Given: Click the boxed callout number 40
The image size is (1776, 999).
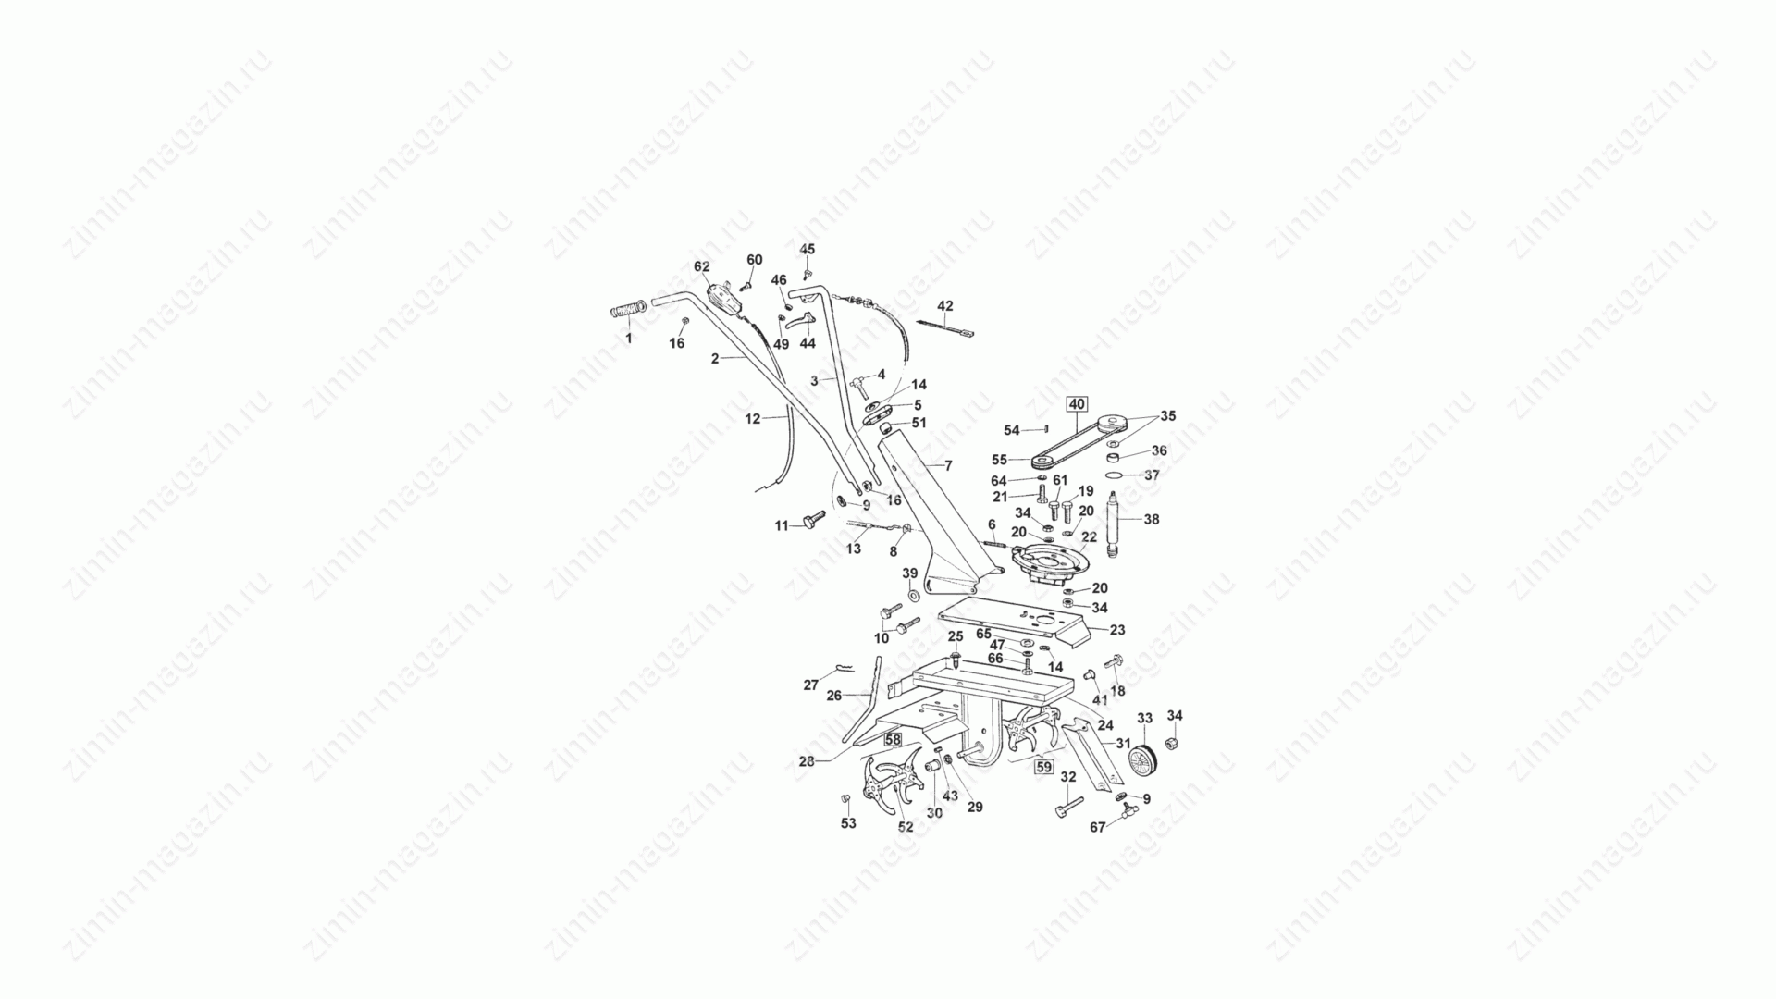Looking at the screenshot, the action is coord(1078,403).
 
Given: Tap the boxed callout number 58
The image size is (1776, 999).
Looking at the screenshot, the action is coord(893,740).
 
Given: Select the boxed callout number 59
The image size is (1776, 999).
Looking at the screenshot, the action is coord(1044,767).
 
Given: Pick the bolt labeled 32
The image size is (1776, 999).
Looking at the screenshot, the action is coord(1067,807).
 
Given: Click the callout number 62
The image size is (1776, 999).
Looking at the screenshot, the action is coord(702,266).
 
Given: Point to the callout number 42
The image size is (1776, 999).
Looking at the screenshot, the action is coord(944,305).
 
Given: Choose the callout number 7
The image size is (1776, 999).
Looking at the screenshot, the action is coord(948,465).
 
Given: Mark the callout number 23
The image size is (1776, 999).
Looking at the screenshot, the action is coord(1117,630).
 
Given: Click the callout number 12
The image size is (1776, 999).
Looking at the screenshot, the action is coord(752,419).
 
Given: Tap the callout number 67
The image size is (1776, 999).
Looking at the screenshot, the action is coord(1097,828).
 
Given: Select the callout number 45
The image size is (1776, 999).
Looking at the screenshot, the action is coord(808,250).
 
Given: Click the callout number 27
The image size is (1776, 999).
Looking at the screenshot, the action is coord(810,685).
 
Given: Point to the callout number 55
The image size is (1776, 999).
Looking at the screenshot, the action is coord(999,460).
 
